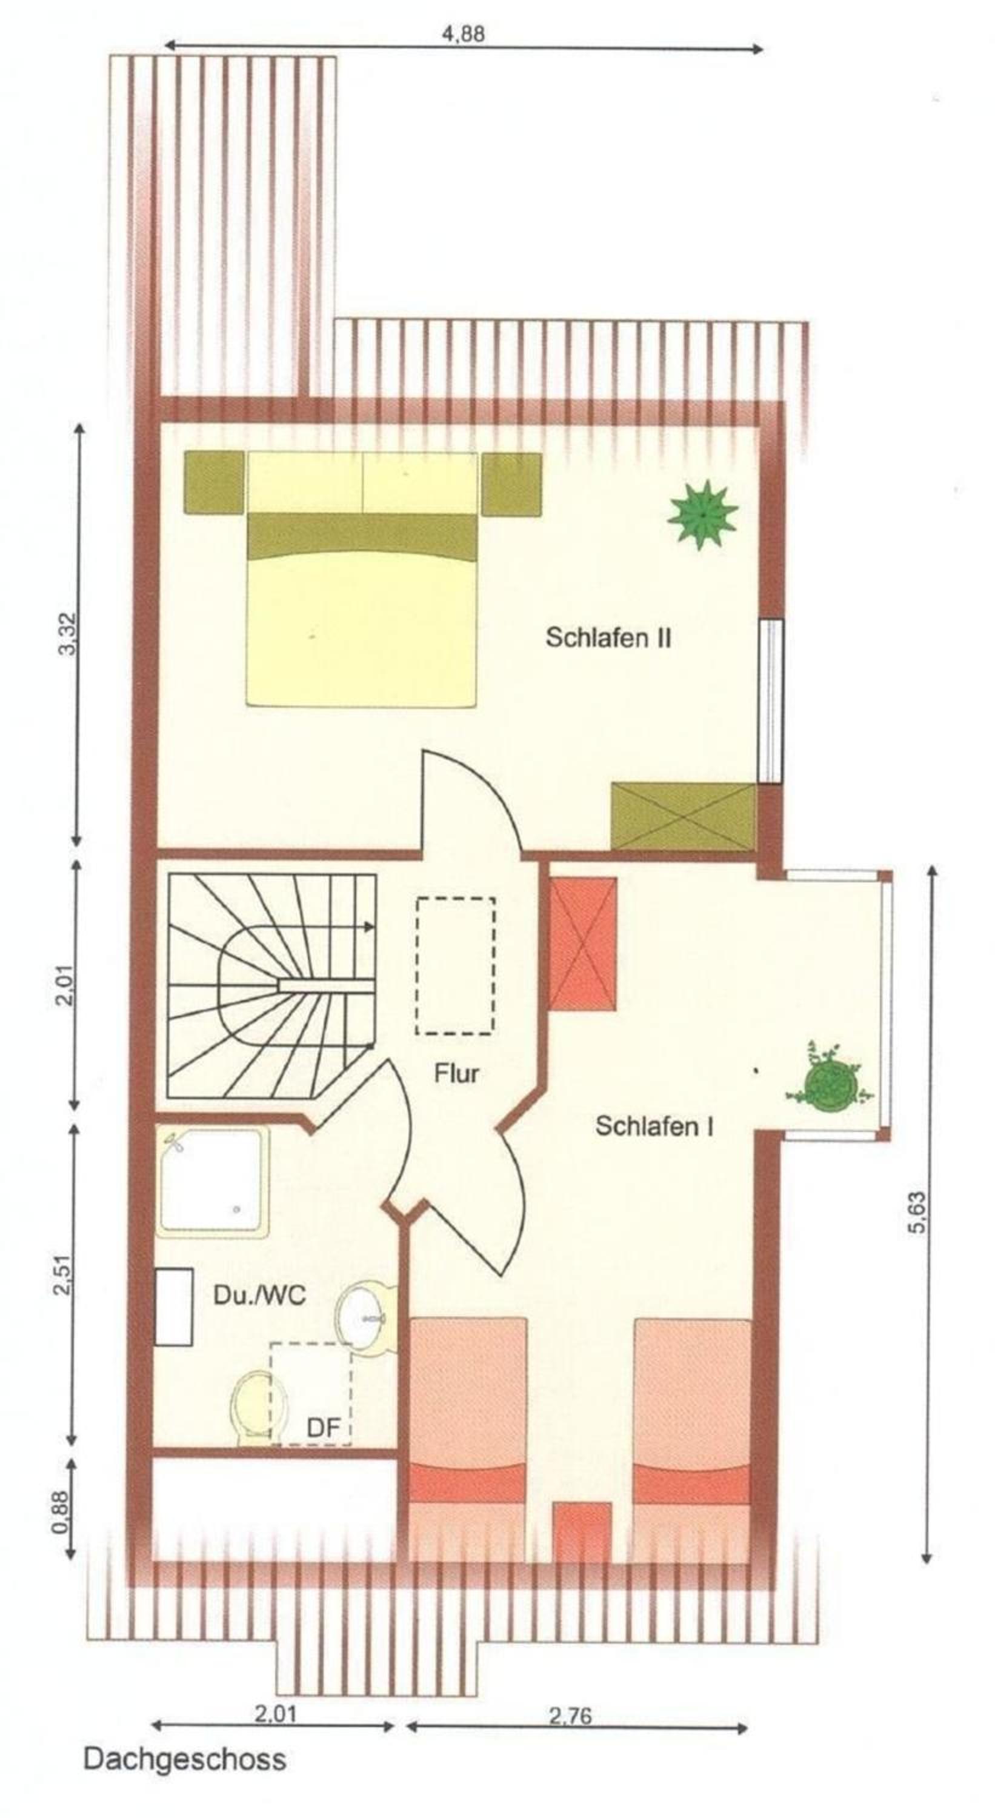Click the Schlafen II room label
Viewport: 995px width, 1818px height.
click(608, 638)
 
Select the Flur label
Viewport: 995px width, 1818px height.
click(456, 1073)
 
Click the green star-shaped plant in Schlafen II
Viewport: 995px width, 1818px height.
click(703, 514)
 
